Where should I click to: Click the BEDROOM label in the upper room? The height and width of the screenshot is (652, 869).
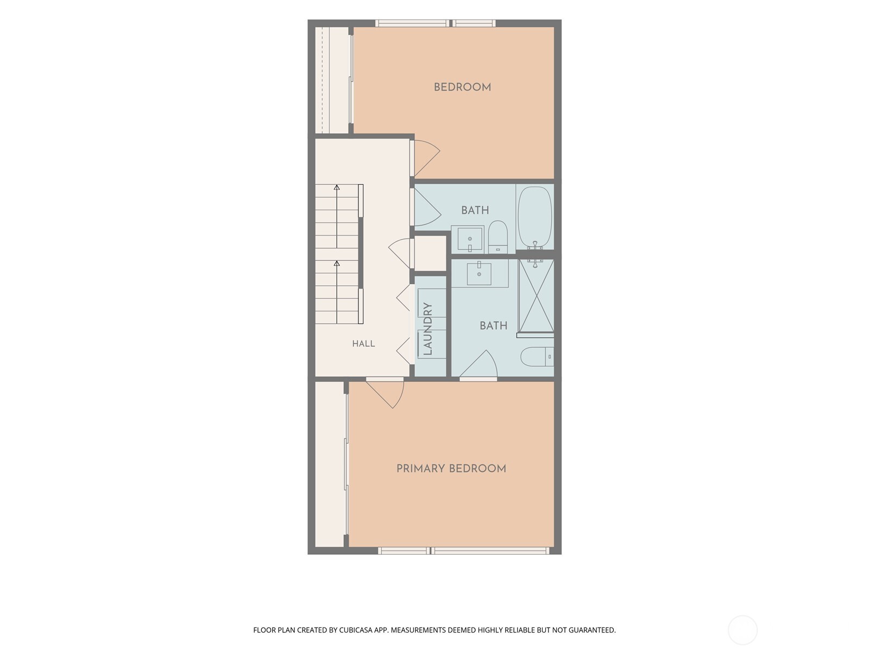[x=462, y=87]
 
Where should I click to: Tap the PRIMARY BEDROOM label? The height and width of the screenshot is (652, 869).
[x=451, y=469]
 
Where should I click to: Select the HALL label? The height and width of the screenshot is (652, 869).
[x=363, y=343]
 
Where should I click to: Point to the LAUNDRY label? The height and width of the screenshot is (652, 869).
[x=427, y=329]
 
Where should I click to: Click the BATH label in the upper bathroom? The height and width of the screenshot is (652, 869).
[x=475, y=210]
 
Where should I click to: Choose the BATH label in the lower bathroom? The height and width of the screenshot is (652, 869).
[x=493, y=326]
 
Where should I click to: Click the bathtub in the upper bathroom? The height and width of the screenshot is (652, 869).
[x=535, y=217]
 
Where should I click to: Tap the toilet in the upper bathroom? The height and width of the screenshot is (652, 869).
[x=498, y=237]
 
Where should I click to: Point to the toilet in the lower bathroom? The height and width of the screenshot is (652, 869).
[x=537, y=356]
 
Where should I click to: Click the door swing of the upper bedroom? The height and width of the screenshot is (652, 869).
[x=427, y=158]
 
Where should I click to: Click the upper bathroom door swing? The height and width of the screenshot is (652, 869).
[x=427, y=207]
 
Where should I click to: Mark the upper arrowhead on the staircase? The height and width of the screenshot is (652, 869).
[x=337, y=187]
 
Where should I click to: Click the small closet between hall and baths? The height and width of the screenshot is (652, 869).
[x=430, y=253]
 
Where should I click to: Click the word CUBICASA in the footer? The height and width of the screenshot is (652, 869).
[x=356, y=630]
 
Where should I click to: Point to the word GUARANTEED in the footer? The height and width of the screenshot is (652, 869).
[x=592, y=630]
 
